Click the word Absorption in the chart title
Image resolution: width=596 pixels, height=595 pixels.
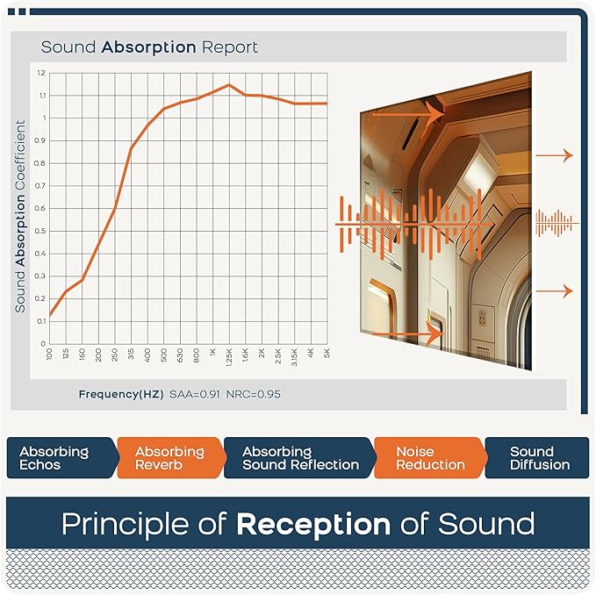pos(147,47)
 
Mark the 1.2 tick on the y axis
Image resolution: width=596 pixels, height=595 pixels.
pos(41,72)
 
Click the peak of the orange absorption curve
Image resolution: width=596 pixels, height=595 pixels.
pos(228,85)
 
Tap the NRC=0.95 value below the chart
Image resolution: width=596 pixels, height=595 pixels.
pos(254,394)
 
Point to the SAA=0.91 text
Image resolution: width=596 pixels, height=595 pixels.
pos(196,394)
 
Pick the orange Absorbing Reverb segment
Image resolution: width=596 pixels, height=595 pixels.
pos(169,458)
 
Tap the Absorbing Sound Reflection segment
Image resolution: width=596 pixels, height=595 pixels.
pos(300,458)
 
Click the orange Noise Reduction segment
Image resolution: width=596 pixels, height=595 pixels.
pos(427,458)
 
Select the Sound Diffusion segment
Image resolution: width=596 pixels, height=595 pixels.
pos(539,458)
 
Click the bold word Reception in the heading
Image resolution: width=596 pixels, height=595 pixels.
pos(313,524)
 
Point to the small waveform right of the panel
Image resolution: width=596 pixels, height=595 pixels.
pos(557,223)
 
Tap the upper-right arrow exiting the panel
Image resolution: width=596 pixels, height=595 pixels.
pos(555,155)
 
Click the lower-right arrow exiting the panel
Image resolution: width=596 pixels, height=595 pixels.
pos(555,291)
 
